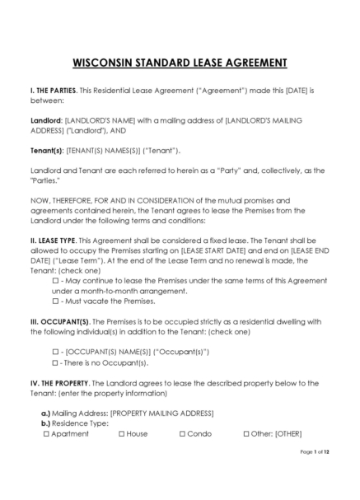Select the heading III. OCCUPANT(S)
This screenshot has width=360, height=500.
tap(60, 321)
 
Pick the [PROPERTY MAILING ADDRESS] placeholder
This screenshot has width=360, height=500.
tap(161, 413)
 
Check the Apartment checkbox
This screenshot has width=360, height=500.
tap(46, 433)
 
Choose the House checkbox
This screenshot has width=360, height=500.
tap(122, 433)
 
